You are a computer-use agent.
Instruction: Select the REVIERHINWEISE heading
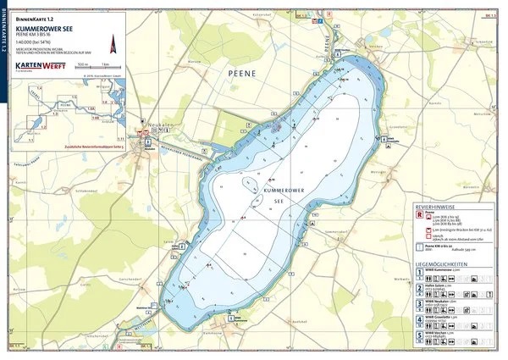[x=436, y=206]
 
